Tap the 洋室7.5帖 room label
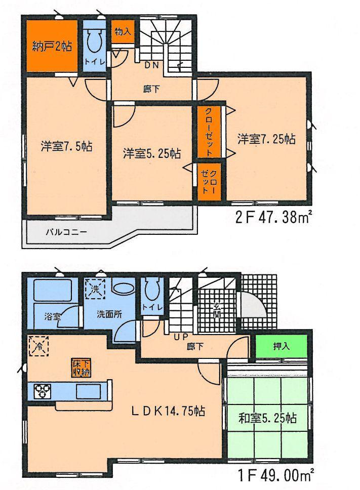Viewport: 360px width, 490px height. tap(66, 147)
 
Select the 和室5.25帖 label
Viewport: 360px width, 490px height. tap(267, 418)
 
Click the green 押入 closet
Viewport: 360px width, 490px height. tap(281, 347)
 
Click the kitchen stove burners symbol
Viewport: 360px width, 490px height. tap(42, 391)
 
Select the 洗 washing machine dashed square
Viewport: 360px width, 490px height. tap(95, 290)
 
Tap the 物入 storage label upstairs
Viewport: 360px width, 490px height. tap(122, 31)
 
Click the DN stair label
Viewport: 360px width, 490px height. tap(151, 65)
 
